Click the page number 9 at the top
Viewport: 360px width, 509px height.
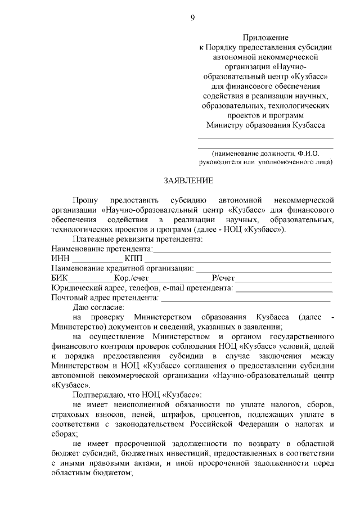point(192,18)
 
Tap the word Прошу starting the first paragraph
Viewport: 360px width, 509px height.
point(85,200)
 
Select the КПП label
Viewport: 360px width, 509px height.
point(134,258)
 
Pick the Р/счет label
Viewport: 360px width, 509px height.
point(223,278)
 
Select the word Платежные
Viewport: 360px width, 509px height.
point(93,239)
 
